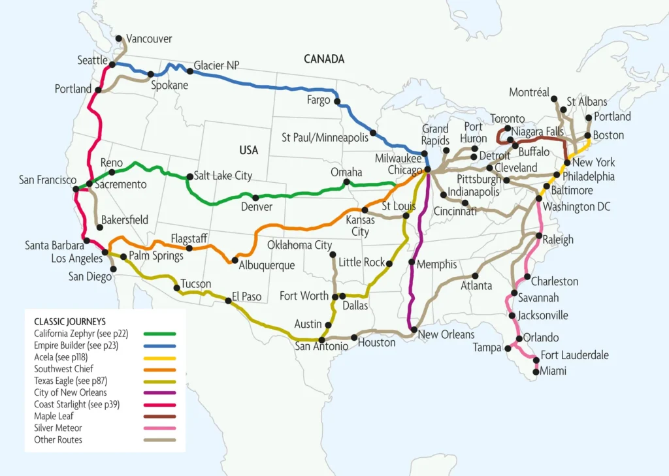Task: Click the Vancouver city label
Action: [x=150, y=39]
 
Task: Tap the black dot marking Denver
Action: [x=255, y=198]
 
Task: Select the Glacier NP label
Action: [x=217, y=65]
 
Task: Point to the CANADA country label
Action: [x=324, y=59]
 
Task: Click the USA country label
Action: [x=248, y=150]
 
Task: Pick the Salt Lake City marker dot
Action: [x=189, y=176]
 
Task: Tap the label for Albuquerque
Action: [x=267, y=266]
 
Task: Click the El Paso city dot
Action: [x=228, y=300]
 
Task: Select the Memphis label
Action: [x=437, y=264]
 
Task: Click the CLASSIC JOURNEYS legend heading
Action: [x=70, y=321]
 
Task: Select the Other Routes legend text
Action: [x=59, y=439]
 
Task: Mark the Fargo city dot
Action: [x=337, y=101]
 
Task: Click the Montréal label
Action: [x=529, y=93]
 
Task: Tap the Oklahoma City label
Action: [x=300, y=246]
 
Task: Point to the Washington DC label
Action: [x=576, y=206]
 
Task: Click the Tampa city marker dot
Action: [x=508, y=348]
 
